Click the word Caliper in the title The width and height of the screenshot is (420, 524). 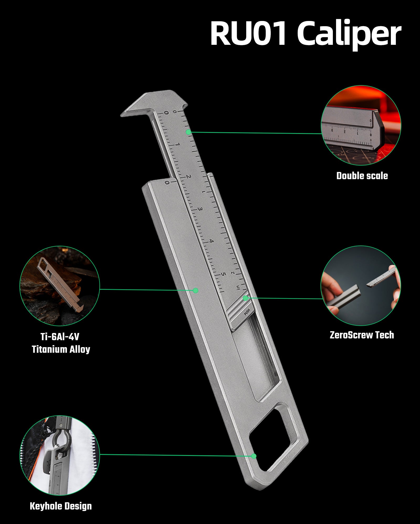[349, 34]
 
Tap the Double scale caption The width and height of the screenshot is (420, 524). [362, 176]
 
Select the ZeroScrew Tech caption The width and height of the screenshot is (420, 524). [362, 335]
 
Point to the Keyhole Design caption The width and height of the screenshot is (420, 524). [61, 506]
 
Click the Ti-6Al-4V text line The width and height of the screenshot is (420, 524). [60, 337]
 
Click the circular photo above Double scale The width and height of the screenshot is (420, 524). [361, 125]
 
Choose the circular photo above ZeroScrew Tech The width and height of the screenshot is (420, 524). [361, 286]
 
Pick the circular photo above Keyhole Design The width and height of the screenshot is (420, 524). [60, 455]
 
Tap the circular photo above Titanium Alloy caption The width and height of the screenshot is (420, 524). [60, 286]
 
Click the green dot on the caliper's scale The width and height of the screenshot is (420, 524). [188, 132]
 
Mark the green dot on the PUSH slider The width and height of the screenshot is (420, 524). [245, 298]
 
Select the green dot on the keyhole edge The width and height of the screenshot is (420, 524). [254, 456]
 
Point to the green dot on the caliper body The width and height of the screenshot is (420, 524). [195, 290]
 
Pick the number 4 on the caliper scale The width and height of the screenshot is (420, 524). [211, 241]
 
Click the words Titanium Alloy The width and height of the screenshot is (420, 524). [61, 349]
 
